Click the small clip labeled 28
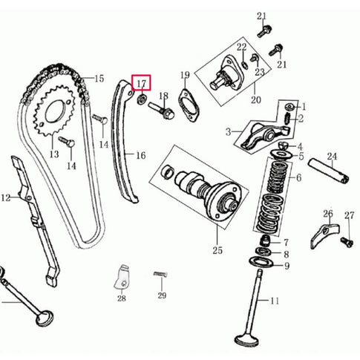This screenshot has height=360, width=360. click(x=122, y=280)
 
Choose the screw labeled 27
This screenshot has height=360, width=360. click(x=345, y=241)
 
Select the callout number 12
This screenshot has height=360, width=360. click(x=6, y=197)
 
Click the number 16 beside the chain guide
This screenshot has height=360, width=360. click(x=141, y=155)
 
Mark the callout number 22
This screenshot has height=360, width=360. click(x=241, y=47)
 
